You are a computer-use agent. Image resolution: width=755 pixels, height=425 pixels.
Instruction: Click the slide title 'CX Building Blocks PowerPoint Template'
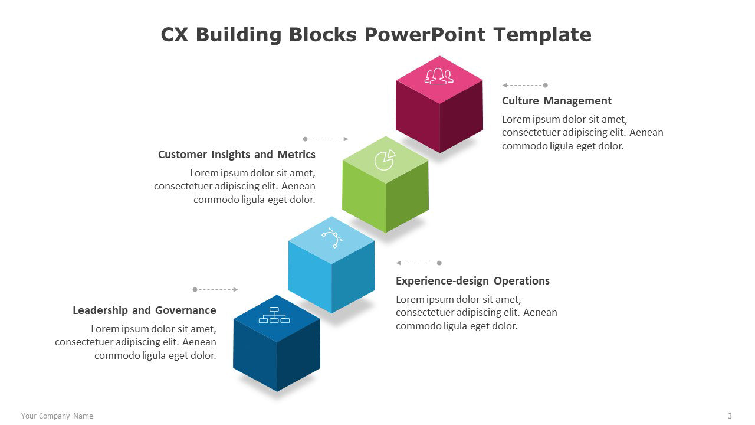pos(376,35)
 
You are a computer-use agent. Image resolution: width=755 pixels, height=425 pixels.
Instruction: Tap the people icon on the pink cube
pos(439,76)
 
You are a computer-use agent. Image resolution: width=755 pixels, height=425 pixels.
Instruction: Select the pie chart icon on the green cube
pos(385,160)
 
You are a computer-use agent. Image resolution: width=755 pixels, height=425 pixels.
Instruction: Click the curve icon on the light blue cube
pos(332,238)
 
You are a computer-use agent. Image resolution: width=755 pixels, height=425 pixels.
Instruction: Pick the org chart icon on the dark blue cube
pos(274,315)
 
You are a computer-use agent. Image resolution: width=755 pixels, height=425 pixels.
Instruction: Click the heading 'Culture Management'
pos(556,101)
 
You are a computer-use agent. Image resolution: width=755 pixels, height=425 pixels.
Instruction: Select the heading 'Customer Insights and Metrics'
pos(237,155)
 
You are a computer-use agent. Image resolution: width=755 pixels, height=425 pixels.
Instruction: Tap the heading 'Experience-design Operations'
pos(472,281)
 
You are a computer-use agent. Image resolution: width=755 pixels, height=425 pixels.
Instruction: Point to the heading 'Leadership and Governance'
pos(145,310)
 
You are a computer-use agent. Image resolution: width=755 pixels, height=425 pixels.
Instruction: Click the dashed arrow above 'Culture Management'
pos(525,86)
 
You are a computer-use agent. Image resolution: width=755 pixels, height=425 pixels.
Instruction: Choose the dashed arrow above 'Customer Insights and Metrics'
pos(326,139)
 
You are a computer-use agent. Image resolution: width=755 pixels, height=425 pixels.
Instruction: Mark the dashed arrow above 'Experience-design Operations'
pos(419,263)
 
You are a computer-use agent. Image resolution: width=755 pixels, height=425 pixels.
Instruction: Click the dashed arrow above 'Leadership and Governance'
pos(215,289)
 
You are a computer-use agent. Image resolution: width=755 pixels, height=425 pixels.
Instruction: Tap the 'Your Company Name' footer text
pos(57,416)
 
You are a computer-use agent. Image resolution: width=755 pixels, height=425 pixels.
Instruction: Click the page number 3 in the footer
pos(730,416)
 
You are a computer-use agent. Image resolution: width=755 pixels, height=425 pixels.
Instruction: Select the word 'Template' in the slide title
pos(542,35)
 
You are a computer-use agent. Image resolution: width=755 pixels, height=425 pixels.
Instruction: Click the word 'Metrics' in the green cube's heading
pos(296,155)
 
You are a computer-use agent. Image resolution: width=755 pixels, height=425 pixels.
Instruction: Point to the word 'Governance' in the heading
pos(185,310)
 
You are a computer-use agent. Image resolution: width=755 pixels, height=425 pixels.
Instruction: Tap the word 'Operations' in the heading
pos(522,281)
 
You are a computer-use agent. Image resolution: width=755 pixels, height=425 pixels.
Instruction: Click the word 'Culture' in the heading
pos(520,101)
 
